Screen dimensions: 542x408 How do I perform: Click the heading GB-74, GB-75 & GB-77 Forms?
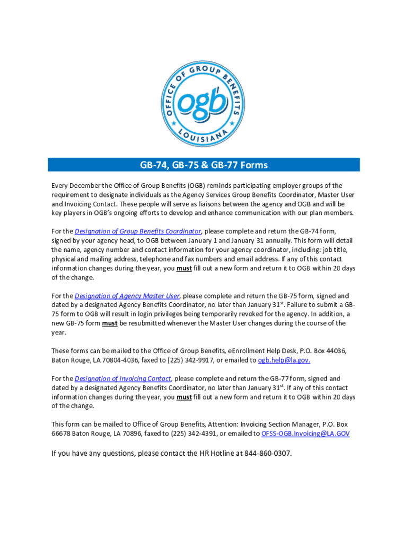[x=204, y=165]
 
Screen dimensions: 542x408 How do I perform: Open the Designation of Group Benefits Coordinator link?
[x=138, y=231]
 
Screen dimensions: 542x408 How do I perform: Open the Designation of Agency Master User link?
[x=127, y=296]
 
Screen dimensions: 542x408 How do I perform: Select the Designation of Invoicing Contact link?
[x=123, y=378]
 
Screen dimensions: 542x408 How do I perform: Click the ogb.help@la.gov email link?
[x=284, y=360]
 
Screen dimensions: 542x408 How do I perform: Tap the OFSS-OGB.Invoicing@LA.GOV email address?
[x=305, y=433]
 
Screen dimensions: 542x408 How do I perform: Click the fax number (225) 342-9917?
[x=192, y=360]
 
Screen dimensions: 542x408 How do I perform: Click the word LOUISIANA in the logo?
[x=204, y=136]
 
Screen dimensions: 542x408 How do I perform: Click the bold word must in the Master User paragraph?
[x=110, y=323]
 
